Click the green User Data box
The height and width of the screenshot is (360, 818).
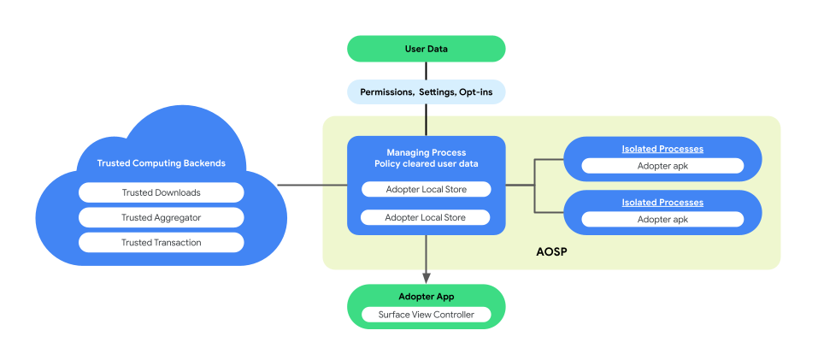pos(426,49)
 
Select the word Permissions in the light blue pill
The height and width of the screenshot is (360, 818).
pos(386,91)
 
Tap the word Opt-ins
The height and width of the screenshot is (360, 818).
pos(475,91)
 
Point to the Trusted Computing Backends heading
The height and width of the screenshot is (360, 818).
pos(161,163)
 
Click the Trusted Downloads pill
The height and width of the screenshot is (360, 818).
pos(161,192)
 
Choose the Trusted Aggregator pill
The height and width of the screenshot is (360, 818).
pos(161,217)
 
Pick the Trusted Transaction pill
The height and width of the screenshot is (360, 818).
pos(161,242)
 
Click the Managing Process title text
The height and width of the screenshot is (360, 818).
pos(426,152)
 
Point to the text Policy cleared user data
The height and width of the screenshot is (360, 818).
pos(426,164)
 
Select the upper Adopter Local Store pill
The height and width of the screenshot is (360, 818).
pos(426,189)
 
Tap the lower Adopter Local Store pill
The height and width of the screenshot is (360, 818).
pos(426,217)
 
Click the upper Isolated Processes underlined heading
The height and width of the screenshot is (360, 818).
pos(662,149)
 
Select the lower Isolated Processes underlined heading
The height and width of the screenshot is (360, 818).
pos(662,203)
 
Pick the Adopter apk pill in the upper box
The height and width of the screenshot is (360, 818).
pos(662,166)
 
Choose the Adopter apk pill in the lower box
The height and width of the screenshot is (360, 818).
pos(662,219)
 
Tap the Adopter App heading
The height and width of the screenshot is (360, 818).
pos(426,297)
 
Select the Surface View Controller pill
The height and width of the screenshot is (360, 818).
pos(426,315)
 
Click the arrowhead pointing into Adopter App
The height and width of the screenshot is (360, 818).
pos(426,276)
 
